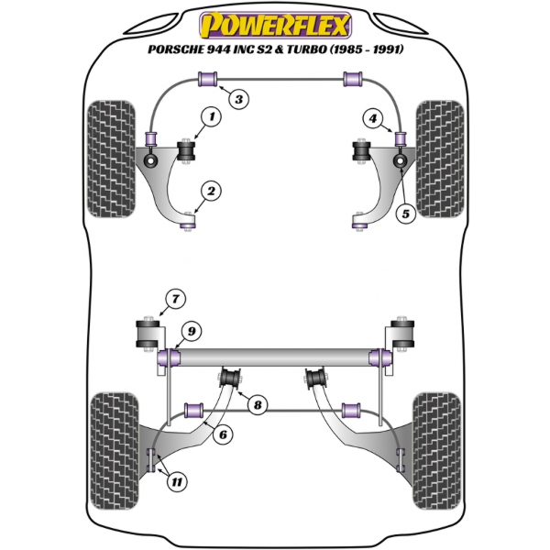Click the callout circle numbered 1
click(212, 116)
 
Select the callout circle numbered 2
click(212, 192)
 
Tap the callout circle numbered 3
click(237, 100)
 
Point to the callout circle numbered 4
click(372, 117)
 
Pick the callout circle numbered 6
click(221, 435)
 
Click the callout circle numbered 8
click(258, 404)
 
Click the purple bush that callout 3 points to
click(206, 81)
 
